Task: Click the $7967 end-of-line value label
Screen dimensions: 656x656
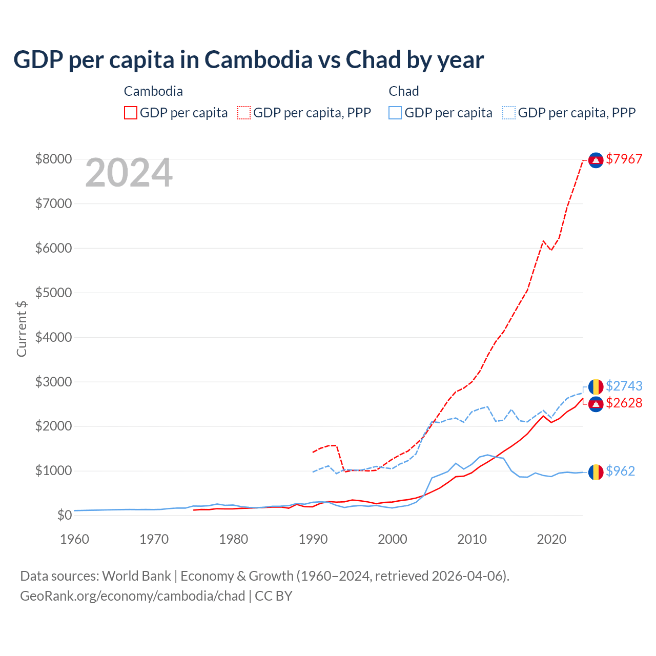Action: [624, 159]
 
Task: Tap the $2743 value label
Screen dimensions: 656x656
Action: [624, 386]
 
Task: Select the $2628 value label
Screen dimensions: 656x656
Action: [624, 403]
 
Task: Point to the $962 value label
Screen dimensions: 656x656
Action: [620, 471]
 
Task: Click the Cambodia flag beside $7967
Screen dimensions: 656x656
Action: [596, 160]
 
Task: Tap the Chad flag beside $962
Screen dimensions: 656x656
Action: [596, 472]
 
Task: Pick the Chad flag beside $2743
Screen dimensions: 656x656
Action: [596, 387]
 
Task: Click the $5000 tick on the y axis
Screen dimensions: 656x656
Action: [53, 293]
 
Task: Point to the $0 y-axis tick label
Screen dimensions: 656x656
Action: [64, 515]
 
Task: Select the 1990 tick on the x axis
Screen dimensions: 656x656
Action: [313, 539]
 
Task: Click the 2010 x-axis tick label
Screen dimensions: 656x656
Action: [472, 539]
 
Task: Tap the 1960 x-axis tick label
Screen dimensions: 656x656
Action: [75, 539]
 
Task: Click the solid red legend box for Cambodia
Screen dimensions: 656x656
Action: [131, 113]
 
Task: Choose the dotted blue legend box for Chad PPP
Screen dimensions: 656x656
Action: [509, 113]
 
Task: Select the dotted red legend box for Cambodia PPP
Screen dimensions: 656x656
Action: [244, 113]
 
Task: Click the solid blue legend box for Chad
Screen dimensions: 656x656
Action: [395, 113]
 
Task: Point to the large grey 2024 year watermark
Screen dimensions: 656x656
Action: [129, 173]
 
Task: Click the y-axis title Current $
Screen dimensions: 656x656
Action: [22, 329]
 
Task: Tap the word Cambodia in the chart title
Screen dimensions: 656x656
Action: [258, 60]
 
